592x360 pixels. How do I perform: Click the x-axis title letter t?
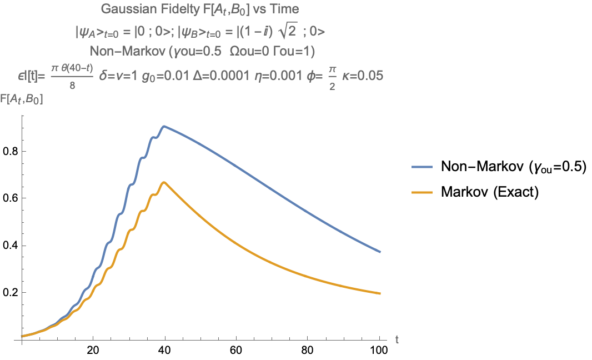[397, 338]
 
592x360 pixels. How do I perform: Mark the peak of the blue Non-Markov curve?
[164, 126]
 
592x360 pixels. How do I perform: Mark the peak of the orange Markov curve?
[164, 182]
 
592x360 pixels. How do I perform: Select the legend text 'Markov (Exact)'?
[490, 192]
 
